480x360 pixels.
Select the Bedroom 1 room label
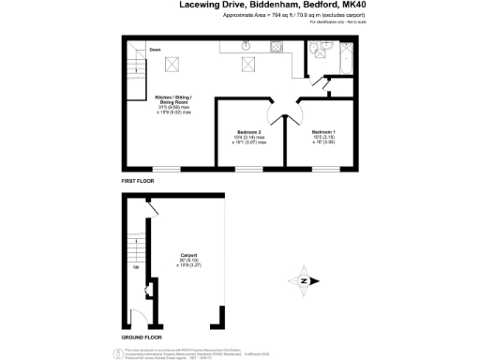click(x=323, y=135)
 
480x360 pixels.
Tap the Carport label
click(x=187, y=254)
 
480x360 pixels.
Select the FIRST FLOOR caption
click(x=138, y=179)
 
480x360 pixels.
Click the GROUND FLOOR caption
click(x=142, y=337)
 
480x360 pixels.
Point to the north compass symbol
click(x=304, y=279)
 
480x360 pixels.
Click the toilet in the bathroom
click(x=320, y=54)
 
